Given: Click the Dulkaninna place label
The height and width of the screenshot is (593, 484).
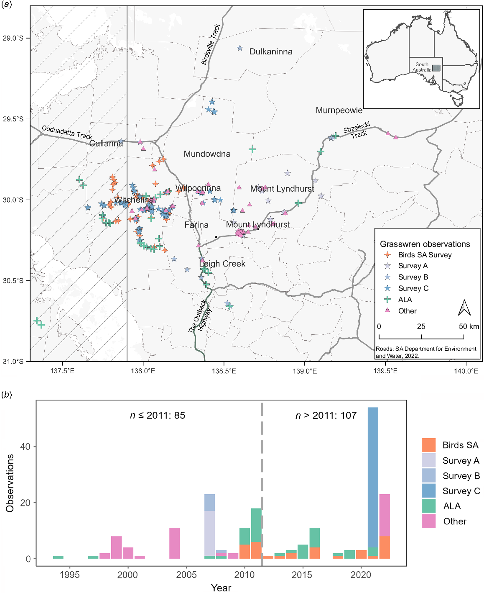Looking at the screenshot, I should coord(271,51).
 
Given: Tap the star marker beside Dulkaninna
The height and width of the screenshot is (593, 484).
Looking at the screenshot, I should coord(240,48).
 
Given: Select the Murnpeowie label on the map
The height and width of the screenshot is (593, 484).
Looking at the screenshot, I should coord(339,110).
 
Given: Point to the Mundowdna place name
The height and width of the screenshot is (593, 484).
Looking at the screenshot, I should coord(207,154).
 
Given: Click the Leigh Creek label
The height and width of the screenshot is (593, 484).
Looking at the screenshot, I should coord(222,264).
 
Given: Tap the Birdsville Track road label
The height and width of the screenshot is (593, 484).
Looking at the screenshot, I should coord(211,44).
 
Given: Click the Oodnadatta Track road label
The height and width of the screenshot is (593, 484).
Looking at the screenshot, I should coord(67,132).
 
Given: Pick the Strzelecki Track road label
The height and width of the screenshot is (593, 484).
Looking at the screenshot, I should coord(358,130).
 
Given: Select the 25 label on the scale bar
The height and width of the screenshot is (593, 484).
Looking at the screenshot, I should coord(421,326).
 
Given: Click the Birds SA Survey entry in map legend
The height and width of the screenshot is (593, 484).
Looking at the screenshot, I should coord(425,255).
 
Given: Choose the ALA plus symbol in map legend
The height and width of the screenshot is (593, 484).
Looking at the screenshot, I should coord(388,300).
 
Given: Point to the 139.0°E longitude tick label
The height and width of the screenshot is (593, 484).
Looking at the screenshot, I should coord(305,371).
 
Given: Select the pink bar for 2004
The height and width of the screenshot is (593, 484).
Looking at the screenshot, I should coord(175,543).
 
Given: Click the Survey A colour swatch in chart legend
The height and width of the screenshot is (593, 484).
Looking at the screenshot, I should coord(428,460).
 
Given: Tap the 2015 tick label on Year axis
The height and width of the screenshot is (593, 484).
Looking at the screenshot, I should coord(302,575).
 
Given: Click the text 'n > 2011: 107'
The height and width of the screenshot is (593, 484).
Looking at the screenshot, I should coord(326,416).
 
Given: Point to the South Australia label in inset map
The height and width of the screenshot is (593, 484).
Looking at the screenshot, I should coord(422,67).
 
